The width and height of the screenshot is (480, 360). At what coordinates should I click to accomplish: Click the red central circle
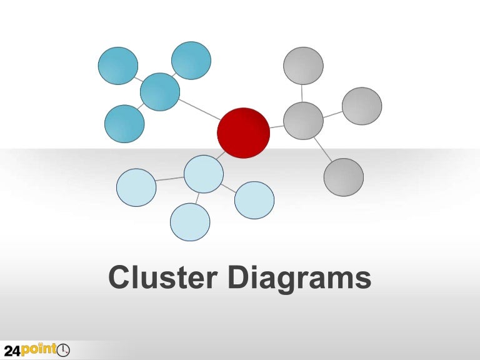pyautogui.click(x=243, y=132)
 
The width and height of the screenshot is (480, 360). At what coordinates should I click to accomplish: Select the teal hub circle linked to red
pyautogui.click(x=160, y=92)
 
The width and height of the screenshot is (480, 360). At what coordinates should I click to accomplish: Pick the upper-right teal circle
pyautogui.click(x=191, y=61)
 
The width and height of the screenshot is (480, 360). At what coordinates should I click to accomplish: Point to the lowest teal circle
pyautogui.click(x=124, y=124)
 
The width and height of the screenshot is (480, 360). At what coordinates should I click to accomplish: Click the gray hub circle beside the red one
pyautogui.click(x=303, y=121)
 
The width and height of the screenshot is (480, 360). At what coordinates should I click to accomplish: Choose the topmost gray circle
pyautogui.click(x=303, y=66)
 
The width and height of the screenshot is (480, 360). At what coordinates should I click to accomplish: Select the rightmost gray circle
pyautogui.click(x=362, y=106)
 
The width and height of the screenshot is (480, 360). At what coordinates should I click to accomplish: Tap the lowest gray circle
pyautogui.click(x=344, y=177)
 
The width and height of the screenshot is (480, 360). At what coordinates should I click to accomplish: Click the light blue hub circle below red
pyautogui.click(x=204, y=174)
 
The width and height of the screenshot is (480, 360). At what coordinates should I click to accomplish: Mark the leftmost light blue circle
pyautogui.click(x=136, y=187)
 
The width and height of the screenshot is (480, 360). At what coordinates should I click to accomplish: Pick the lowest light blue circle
pyautogui.click(x=190, y=222)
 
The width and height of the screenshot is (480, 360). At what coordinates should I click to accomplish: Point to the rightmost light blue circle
pyautogui.click(x=254, y=200)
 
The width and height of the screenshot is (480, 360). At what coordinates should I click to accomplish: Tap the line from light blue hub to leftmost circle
pyautogui.click(x=170, y=179)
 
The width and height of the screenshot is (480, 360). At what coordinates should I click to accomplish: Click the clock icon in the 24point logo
pyautogui.click(x=63, y=351)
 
